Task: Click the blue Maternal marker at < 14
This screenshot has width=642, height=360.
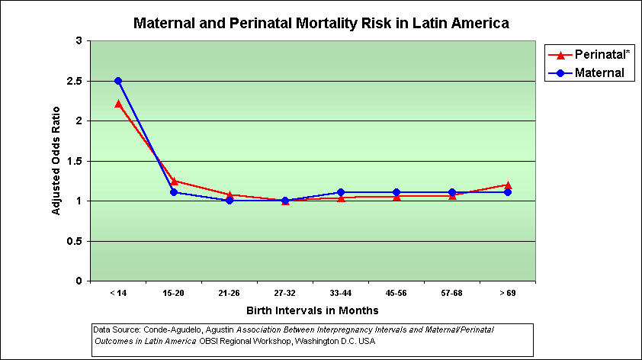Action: (118, 81)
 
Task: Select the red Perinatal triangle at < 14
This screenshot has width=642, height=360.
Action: (118, 104)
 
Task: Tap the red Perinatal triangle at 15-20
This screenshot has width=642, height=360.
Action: (174, 182)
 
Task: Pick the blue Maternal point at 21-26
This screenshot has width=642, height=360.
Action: (230, 201)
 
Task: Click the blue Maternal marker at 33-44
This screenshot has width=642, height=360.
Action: (341, 192)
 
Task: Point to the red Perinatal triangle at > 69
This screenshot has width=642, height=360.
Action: (508, 185)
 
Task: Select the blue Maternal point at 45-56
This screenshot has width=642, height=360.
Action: (396, 192)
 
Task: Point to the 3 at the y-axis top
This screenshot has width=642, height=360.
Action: (79, 40)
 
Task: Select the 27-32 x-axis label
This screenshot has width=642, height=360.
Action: (285, 293)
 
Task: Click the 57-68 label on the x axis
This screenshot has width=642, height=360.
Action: (452, 293)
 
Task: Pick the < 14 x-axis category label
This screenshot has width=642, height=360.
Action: (118, 293)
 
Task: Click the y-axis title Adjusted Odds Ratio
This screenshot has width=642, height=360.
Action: (56, 161)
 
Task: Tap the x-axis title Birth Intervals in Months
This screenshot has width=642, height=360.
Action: (313, 311)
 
